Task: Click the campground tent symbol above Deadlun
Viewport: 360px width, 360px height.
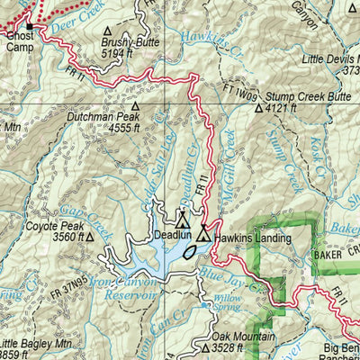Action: (x=183, y=218)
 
